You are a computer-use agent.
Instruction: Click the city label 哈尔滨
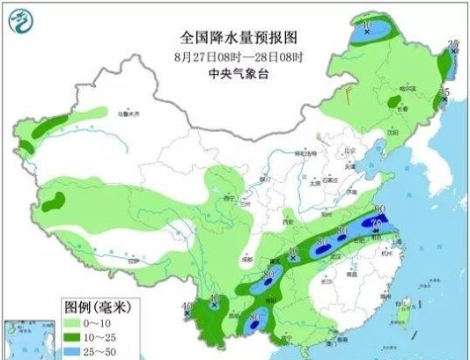click(x=406, y=88)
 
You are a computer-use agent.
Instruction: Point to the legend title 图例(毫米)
click(x=95, y=307)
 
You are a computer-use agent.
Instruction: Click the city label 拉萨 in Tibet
click(x=133, y=261)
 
